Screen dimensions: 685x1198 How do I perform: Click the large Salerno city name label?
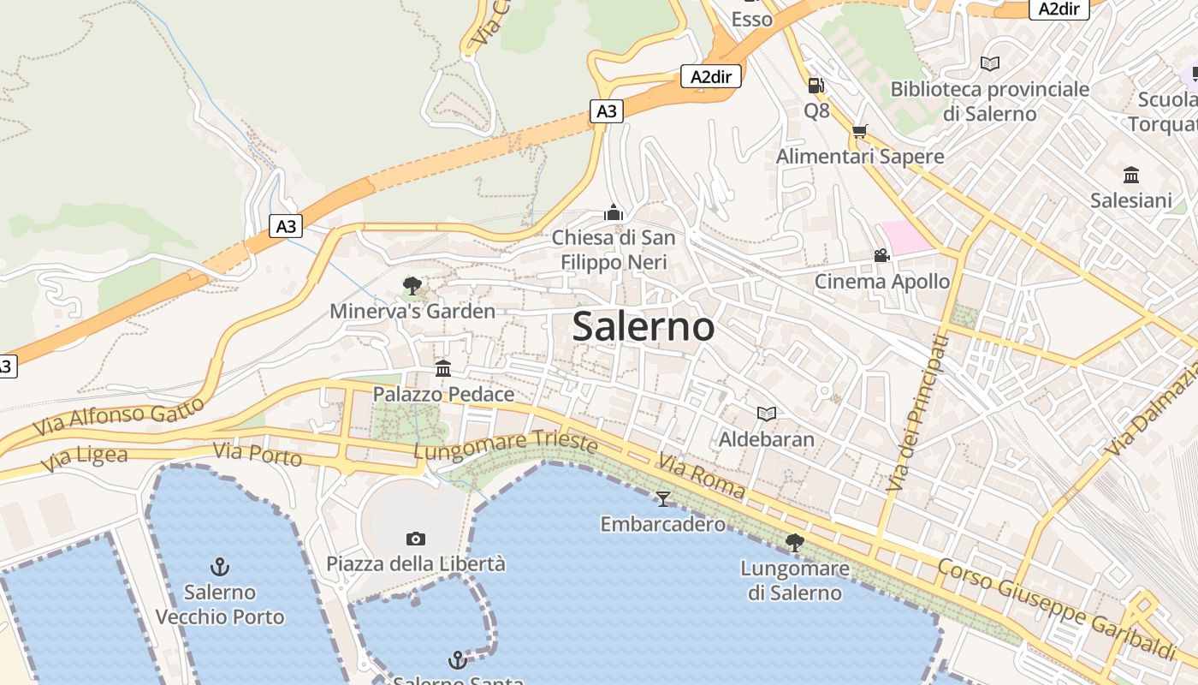click(643, 327)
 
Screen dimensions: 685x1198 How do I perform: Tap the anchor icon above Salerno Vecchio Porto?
click(220, 567)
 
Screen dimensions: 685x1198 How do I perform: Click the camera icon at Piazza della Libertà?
click(416, 539)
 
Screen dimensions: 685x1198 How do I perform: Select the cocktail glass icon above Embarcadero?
click(662, 498)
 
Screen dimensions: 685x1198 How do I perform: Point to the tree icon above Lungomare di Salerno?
click(794, 542)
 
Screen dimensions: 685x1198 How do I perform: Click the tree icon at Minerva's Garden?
click(412, 285)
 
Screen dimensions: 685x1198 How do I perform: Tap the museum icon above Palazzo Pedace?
click(443, 369)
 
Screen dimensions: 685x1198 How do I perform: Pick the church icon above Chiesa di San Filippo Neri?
click(613, 211)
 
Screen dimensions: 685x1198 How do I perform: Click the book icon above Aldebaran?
click(767, 414)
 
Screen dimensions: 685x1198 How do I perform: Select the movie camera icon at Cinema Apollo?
click(881, 255)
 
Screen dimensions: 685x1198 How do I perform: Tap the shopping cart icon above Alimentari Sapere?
click(859, 131)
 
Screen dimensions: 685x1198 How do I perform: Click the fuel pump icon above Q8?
click(815, 85)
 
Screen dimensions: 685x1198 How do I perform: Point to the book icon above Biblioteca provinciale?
click(989, 63)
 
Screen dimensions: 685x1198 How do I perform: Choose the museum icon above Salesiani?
click(1131, 176)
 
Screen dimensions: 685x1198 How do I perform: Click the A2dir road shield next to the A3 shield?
click(711, 77)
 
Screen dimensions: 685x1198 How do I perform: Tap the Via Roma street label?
click(701, 477)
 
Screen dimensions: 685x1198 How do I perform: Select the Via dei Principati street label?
click(917, 414)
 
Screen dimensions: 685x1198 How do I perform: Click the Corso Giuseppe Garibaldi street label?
click(1057, 609)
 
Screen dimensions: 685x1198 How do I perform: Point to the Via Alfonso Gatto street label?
click(120, 415)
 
